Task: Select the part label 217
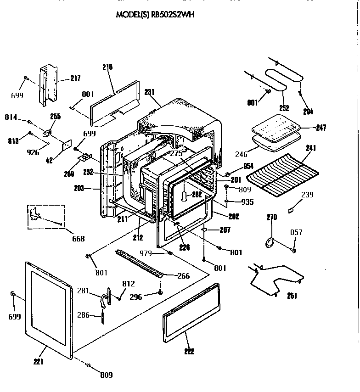pos(75,78)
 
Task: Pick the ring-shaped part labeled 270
pos(270,242)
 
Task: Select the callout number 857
pos(296,233)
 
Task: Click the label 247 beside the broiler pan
pos(321,128)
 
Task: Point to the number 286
pos(83,315)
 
